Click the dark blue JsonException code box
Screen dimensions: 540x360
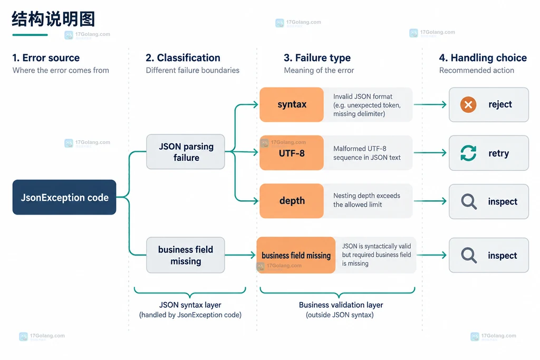[64, 197]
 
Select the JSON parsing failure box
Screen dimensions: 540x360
[186, 152]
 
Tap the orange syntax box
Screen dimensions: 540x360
[292, 105]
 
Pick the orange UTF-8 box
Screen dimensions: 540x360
[292, 153]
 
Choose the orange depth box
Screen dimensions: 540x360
[292, 201]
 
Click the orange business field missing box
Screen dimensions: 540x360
[296, 255]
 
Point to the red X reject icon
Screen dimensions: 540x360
[468, 104]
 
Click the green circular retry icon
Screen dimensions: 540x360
[468, 153]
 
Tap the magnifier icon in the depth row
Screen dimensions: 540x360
[469, 201]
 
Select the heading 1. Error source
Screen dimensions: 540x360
[46, 58]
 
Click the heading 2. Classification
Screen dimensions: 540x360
[183, 58]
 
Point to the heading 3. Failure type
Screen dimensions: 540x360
[317, 58]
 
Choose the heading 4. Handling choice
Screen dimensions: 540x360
[483, 58]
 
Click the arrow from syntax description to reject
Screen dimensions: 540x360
[430, 104]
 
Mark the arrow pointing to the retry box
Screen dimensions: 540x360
[430, 152]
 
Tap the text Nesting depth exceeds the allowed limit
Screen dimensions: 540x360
[367, 200]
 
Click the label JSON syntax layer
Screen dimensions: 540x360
[190, 305]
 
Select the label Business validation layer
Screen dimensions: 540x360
[341, 305]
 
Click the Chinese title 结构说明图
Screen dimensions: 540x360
[53, 19]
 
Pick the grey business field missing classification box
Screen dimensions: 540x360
[186, 255]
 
